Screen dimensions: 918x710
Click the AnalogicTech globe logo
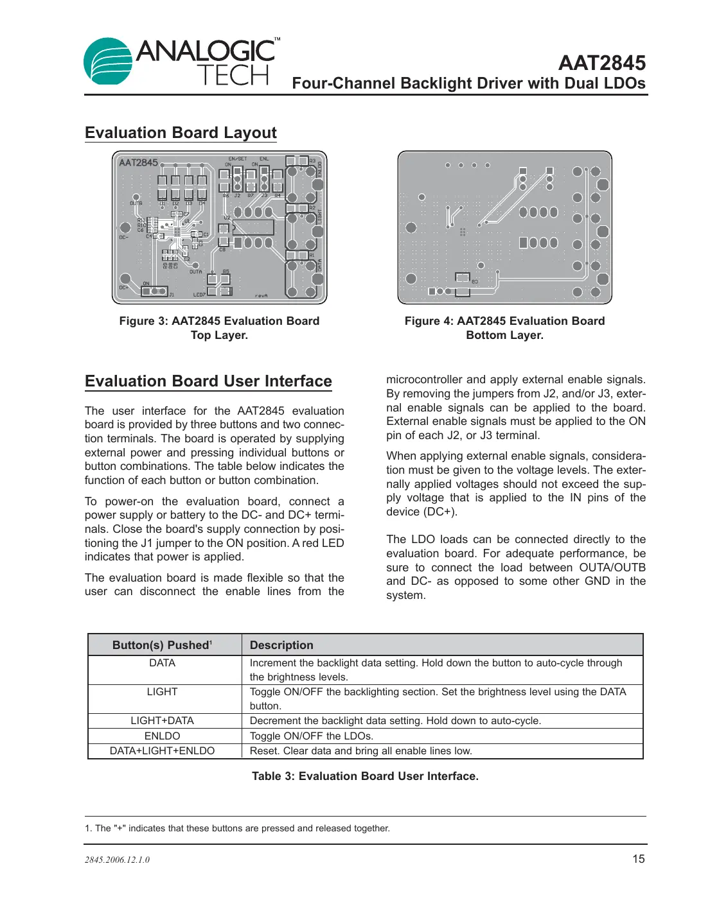(108, 62)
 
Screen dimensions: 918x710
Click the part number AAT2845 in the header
(601, 63)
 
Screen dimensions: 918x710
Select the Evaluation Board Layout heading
(181, 133)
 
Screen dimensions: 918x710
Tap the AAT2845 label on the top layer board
(138, 163)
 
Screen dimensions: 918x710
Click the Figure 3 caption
(219, 328)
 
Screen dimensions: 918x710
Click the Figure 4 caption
(504, 328)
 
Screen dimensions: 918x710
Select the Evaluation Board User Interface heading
(208, 381)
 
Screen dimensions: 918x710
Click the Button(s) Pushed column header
(162, 645)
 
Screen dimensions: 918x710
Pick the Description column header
(281, 645)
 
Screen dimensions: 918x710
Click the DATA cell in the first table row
(162, 663)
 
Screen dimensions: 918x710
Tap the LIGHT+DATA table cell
(162, 721)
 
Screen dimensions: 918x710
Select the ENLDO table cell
(162, 736)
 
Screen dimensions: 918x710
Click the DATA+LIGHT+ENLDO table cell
(162, 751)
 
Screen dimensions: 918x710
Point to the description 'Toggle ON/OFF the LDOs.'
(311, 736)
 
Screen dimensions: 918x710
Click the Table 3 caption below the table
(365, 776)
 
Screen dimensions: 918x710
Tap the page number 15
(638, 859)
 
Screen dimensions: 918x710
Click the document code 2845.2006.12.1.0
(117, 860)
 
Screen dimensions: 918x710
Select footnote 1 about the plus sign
(237, 828)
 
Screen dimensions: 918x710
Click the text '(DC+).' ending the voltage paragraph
(440, 512)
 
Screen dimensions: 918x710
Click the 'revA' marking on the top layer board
(261, 295)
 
